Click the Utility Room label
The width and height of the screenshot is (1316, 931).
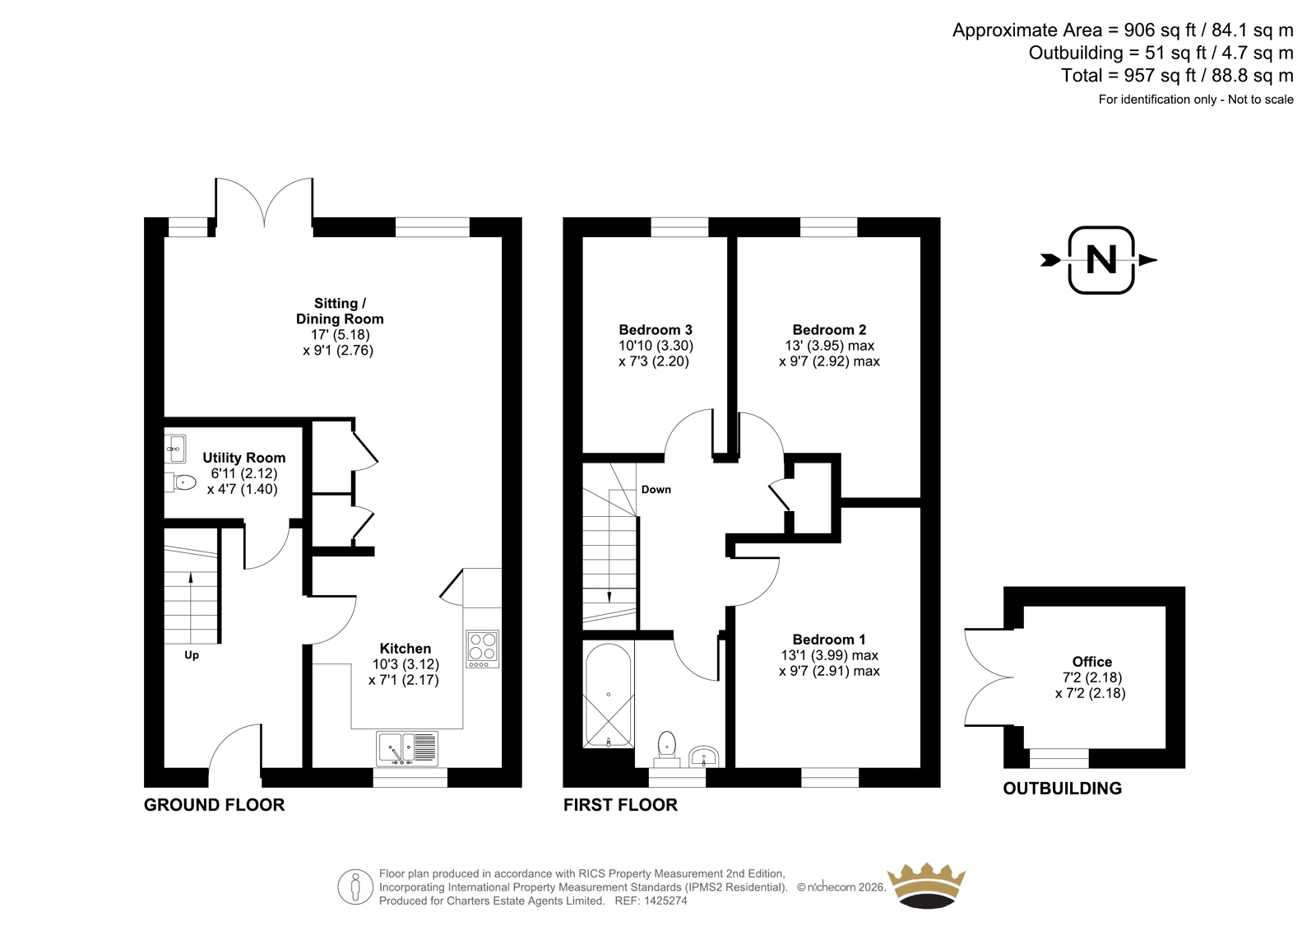[243, 458]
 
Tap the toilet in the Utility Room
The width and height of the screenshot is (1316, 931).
[180, 482]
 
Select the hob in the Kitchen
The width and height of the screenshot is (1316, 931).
[483, 649]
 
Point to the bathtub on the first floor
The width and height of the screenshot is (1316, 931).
[608, 695]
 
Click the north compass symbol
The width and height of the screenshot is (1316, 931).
[1100, 260]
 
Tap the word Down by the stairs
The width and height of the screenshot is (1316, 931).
[656, 489]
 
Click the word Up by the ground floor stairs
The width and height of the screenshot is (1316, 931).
[192, 655]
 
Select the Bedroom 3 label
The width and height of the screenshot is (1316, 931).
[655, 329]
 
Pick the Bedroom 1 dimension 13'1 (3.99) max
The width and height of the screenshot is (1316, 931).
[829, 655]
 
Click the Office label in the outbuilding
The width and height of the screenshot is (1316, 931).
[1091, 662]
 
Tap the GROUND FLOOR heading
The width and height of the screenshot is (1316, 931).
[215, 804]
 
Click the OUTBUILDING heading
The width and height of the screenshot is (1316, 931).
[1062, 788]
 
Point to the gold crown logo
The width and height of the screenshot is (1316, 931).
[926, 886]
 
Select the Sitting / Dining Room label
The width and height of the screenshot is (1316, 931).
[340, 311]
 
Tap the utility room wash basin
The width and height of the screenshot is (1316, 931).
[175, 449]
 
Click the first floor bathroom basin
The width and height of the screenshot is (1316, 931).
[703, 756]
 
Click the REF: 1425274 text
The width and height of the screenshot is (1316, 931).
[651, 901]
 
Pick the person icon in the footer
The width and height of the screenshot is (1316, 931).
[355, 887]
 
